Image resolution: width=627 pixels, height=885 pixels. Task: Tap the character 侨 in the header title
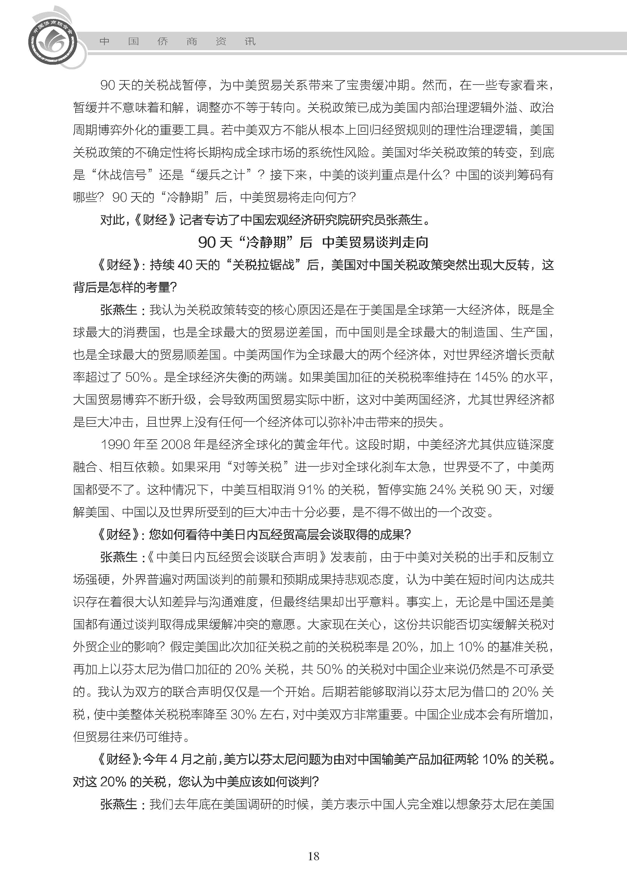point(162,41)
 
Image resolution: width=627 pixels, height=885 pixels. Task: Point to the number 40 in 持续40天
point(185,265)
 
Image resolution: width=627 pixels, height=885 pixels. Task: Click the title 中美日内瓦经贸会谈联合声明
point(237,557)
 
